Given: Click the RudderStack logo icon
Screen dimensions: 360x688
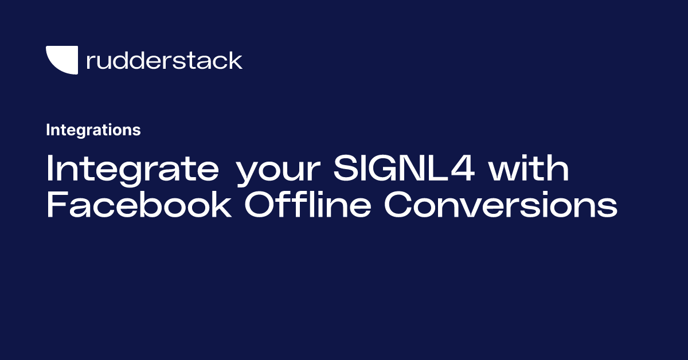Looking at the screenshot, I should point(62,60).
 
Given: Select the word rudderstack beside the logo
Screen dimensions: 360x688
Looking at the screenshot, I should point(164,60).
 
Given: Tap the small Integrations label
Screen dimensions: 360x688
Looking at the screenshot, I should point(93,130).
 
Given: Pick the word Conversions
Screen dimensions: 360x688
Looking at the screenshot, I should point(501,205).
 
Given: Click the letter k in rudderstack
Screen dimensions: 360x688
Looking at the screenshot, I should point(236,60).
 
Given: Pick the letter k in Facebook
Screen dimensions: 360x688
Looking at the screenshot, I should point(222,205).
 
